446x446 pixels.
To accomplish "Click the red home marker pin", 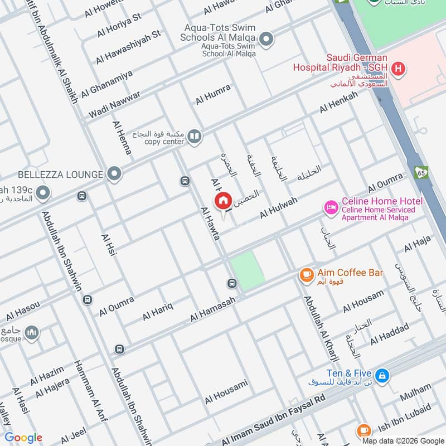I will coord(223,201).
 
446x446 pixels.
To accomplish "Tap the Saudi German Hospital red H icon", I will coord(398,69).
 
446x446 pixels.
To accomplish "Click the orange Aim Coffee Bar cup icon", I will coord(306,274).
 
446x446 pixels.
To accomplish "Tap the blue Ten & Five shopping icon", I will coord(382,375).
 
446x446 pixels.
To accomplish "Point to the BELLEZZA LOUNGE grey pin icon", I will coord(114,174).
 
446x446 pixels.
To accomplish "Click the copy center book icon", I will coord(194,136).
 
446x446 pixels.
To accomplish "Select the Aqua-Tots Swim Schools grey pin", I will coord(267,38).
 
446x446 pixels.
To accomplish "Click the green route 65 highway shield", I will coord(421,173).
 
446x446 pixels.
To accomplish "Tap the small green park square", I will coord(246,270).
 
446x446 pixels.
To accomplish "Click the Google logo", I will coord(23,438).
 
